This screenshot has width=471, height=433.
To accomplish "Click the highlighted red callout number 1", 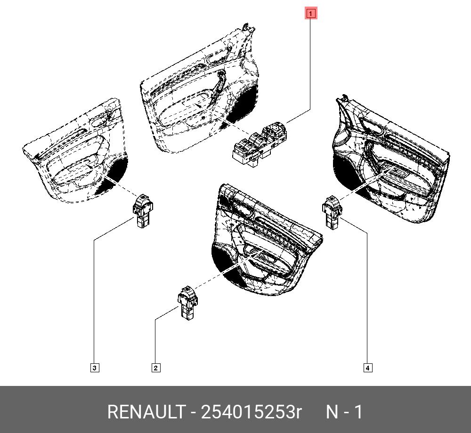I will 311,14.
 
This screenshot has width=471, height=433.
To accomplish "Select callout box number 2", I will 156,368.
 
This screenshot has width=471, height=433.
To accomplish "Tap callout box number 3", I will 94,368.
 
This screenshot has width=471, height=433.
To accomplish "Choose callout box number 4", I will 367,368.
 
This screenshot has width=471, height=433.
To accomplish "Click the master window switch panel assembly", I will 259,143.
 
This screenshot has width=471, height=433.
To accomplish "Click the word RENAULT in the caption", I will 146,412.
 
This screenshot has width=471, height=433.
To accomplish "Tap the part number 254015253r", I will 251,412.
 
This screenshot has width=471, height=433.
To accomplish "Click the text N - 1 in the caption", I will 345,412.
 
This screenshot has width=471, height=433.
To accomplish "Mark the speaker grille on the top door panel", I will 247,104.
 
